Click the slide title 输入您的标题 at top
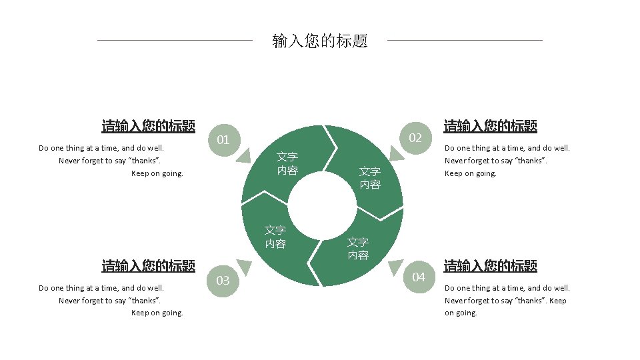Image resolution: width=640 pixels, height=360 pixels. [x=320, y=41]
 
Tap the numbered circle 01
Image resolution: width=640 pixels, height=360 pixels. [x=223, y=140]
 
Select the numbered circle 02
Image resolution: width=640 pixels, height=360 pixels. [x=416, y=138]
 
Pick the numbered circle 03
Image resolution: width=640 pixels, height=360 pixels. [x=223, y=280]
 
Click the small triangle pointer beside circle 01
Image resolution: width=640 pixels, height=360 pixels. [x=243, y=155]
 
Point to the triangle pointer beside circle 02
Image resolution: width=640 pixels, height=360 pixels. [x=396, y=154]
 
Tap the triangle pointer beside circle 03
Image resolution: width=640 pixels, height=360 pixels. [x=245, y=267]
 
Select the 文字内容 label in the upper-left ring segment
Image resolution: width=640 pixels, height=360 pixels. [x=287, y=163]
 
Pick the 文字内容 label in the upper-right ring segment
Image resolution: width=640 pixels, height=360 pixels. [x=370, y=178]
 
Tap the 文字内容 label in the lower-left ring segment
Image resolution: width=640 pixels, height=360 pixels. [x=275, y=237]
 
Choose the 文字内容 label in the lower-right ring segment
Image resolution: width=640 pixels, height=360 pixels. [x=358, y=249]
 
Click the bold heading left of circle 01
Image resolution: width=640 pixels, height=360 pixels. [x=148, y=126]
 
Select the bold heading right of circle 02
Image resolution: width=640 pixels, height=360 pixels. [x=490, y=126]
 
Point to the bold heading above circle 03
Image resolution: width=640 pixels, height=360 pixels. [x=148, y=266]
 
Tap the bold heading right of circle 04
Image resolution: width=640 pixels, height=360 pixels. [x=490, y=266]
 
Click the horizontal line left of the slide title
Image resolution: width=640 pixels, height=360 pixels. [x=175, y=40]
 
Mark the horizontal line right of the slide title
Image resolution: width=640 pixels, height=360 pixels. [x=465, y=40]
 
